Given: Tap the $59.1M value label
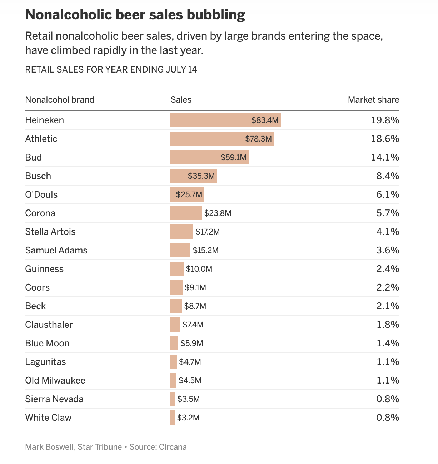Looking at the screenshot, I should (233, 157).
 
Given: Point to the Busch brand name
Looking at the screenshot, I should (38, 176).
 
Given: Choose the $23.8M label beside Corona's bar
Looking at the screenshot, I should (218, 213).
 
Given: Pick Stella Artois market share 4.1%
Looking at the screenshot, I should (388, 232).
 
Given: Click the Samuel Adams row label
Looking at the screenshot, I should (56, 250).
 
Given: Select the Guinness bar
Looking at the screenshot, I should (177, 269).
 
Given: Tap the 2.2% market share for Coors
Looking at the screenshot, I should (388, 287).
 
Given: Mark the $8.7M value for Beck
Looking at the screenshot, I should (195, 306).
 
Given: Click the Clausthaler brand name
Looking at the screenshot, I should (49, 325).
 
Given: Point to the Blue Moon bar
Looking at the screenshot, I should (174, 343).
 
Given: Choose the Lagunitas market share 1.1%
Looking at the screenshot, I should (388, 362).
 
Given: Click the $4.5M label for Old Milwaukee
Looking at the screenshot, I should (190, 380).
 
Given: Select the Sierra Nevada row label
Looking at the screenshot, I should (54, 399).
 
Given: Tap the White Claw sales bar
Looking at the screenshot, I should (173, 418).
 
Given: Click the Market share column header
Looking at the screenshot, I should (373, 100).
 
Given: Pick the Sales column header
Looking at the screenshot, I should (181, 100).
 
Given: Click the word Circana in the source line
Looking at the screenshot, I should (173, 447).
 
